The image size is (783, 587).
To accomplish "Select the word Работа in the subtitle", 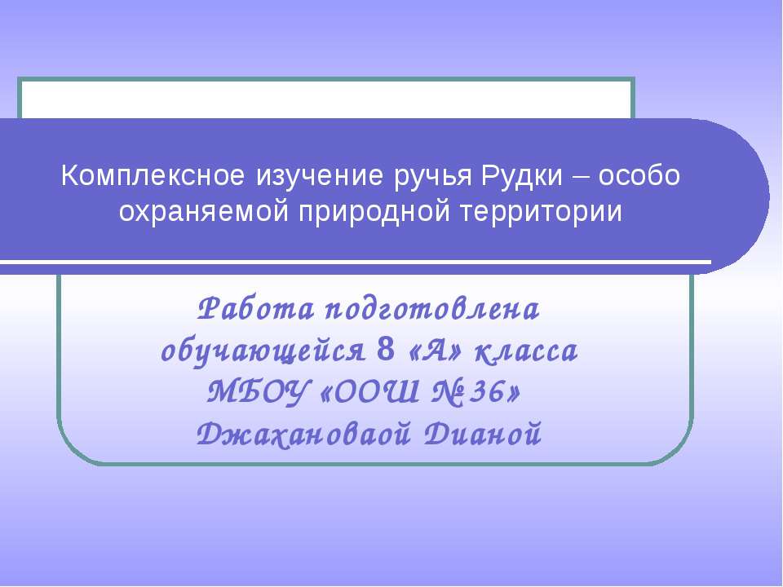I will coord(257,310).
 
